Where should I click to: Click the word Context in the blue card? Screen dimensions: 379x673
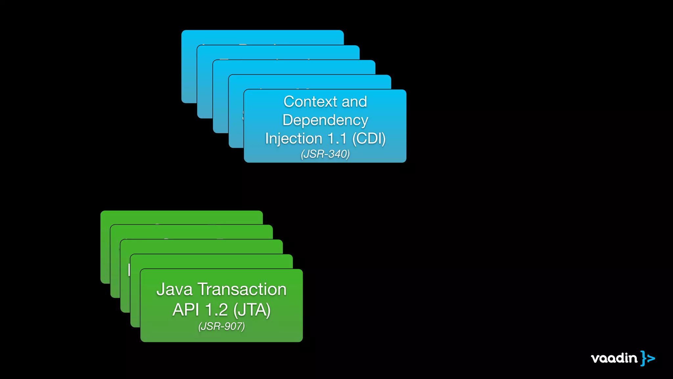tap(310, 102)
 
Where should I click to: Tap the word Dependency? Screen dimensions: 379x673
tap(325, 120)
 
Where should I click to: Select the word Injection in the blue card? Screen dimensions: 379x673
tap(293, 139)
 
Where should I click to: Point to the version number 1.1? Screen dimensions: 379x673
tap(337, 139)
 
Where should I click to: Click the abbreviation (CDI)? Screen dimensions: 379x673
tap(369, 139)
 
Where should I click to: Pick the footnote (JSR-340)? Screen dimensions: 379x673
tap(325, 154)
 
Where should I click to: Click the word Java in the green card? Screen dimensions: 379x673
tap(174, 290)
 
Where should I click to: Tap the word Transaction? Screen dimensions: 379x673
tap(242, 290)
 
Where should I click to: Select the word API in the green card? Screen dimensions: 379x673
tap(186, 310)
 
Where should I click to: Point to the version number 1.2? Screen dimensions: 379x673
tap(216, 310)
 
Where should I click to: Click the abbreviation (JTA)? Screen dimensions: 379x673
tap(252, 310)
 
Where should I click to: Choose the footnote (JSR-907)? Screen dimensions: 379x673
tap(221, 326)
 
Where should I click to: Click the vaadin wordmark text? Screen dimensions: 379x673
tap(614, 358)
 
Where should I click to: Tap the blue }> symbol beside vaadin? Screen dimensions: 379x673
tap(647, 358)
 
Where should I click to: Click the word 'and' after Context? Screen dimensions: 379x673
tap(354, 102)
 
